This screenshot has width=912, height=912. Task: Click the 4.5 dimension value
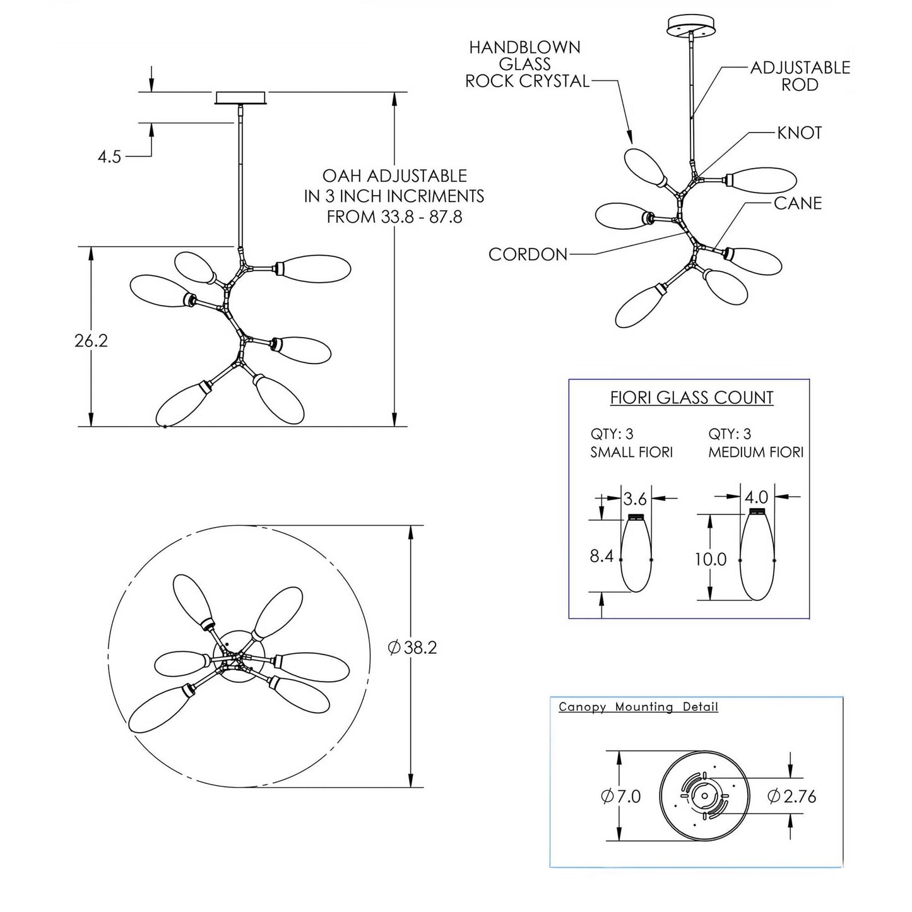(x=109, y=157)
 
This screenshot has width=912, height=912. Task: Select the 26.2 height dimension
(x=92, y=341)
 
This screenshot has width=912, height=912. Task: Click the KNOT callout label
(x=799, y=133)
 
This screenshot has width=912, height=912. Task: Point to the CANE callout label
(x=798, y=203)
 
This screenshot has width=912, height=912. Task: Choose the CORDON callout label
(x=528, y=254)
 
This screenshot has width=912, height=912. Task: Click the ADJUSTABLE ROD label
(x=800, y=76)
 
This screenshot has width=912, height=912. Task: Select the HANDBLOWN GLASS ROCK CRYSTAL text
(x=525, y=64)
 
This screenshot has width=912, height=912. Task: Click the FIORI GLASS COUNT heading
(x=692, y=398)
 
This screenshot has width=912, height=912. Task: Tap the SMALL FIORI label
(x=631, y=453)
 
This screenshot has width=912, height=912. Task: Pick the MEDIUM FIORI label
(x=755, y=453)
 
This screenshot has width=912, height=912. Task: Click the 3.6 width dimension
(x=635, y=499)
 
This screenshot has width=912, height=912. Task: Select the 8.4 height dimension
(x=601, y=556)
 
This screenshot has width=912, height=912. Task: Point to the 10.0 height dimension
(x=711, y=559)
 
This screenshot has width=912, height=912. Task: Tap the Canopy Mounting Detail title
(x=638, y=707)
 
